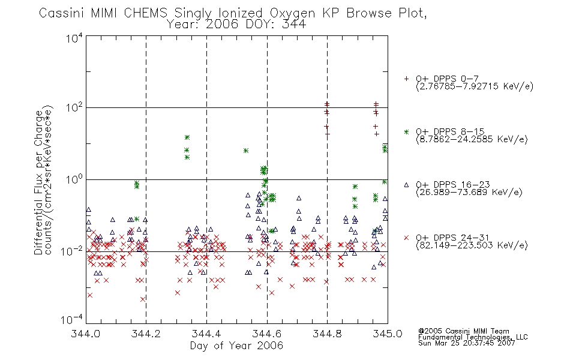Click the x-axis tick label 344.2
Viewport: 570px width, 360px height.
[146, 334]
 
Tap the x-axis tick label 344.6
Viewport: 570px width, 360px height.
[267, 334]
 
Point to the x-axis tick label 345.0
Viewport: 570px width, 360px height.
[388, 334]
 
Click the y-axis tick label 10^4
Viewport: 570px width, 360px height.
[74, 38]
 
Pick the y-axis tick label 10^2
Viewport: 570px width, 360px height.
[74, 108]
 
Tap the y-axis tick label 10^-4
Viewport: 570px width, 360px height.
[72, 319]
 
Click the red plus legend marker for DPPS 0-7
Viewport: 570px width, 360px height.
[406, 79]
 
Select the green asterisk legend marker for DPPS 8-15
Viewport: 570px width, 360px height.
[406, 131]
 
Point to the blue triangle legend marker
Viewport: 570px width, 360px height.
[406, 185]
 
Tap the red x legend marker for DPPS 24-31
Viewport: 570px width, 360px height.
[406, 238]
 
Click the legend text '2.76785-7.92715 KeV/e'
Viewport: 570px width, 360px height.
[475, 86]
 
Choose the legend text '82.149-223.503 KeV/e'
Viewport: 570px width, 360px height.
[472, 245]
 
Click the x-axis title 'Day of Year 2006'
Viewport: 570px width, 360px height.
[236, 346]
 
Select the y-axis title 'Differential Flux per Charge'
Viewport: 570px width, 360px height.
[38, 182]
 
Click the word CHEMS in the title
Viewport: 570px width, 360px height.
[145, 13]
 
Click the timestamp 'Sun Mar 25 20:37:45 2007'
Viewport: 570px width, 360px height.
[466, 343]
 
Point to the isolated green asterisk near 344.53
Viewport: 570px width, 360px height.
[246, 151]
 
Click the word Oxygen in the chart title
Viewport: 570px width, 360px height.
[292, 14]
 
